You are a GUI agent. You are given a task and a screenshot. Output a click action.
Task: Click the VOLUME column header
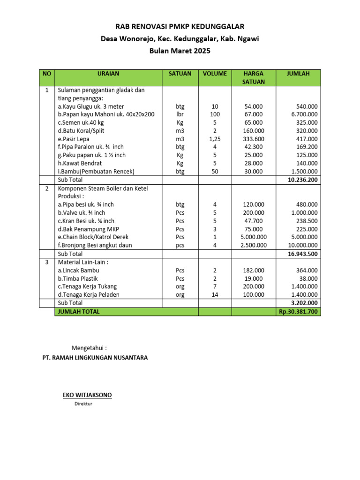[x=215, y=74]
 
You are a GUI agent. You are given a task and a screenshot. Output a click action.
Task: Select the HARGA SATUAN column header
[x=253, y=77]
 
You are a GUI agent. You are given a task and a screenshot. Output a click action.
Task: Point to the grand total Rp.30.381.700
[x=298, y=311]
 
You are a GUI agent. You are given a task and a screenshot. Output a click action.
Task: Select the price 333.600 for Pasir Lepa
[x=254, y=139]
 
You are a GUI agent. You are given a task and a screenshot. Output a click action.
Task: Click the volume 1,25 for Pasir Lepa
[x=215, y=139]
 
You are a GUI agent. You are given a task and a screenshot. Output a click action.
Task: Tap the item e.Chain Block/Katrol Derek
[x=93, y=237]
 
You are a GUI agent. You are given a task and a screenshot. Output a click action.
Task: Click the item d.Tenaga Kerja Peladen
[x=89, y=294]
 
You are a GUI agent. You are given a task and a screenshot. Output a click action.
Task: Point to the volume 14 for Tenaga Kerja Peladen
[x=215, y=294]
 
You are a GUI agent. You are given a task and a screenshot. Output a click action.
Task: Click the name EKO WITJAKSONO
[x=88, y=395]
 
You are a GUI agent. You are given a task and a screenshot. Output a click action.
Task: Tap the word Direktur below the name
[x=83, y=404]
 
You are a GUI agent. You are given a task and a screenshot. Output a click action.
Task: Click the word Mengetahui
[x=89, y=348]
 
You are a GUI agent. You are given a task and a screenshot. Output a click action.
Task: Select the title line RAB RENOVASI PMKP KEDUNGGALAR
[x=180, y=27]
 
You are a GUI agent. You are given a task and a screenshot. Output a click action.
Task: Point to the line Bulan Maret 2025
[x=180, y=51]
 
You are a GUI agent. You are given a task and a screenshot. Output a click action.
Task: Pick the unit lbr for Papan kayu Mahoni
[x=180, y=114]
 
